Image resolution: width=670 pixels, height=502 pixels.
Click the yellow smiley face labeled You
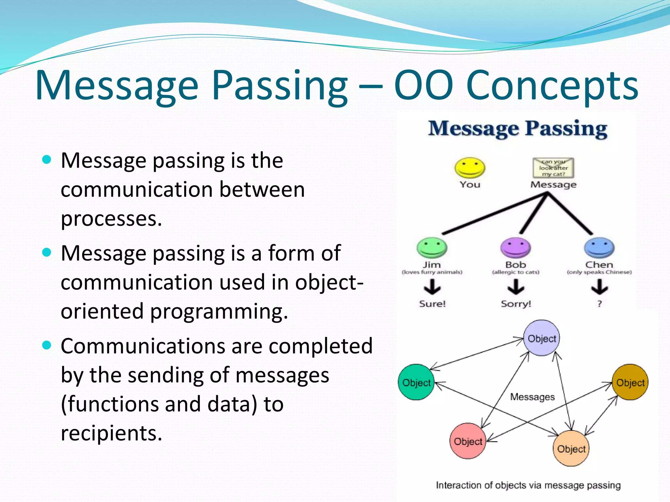[470, 168]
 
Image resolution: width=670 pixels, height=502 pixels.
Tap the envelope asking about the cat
[553, 168]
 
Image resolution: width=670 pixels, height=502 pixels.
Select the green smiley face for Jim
[432, 248]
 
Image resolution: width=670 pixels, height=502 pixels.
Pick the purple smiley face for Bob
[516, 248]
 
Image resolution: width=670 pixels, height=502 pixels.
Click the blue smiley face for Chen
[599, 248]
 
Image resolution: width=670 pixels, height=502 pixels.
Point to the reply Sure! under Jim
[432, 304]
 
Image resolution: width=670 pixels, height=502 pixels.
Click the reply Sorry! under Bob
[516, 304]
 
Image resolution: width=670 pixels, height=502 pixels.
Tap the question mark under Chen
[599, 304]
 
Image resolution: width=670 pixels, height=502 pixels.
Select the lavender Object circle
[542, 338]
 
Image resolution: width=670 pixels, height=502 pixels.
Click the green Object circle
[416, 382]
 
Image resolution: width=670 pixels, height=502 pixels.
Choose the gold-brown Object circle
[630, 382]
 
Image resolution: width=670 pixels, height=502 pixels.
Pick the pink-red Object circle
[468, 441]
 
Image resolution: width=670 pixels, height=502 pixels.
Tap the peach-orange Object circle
[571, 448]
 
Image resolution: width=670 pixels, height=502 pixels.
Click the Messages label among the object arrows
[532, 397]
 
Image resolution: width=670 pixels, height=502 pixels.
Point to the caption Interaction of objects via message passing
[528, 485]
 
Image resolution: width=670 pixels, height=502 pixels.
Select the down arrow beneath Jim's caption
[432, 288]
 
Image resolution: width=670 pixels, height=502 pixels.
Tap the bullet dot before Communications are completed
[47, 345]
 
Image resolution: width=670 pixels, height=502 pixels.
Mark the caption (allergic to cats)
[516, 272]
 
